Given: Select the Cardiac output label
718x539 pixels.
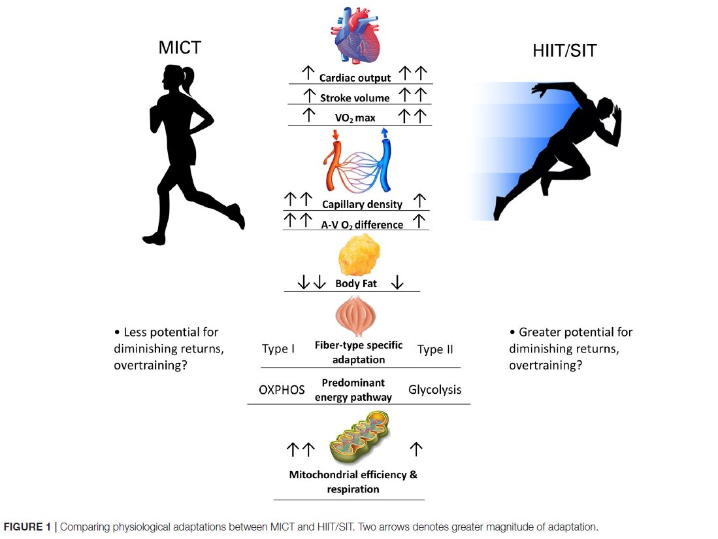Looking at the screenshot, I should point(355,78).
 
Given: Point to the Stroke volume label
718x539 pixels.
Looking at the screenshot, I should point(355,98).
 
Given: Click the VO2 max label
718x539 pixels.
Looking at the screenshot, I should point(355,118).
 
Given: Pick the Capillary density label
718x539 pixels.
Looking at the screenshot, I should point(362,204).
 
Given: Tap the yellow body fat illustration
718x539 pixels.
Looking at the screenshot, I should point(359,256).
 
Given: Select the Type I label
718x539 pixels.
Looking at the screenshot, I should point(278,349).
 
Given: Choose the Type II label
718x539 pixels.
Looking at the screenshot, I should point(435,349).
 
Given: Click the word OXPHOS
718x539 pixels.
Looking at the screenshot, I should point(282,390).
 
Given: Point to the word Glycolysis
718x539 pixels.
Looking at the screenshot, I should point(434,389).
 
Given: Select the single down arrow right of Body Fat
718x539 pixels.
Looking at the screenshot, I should point(397,283).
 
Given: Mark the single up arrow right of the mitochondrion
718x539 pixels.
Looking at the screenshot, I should point(416,449).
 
